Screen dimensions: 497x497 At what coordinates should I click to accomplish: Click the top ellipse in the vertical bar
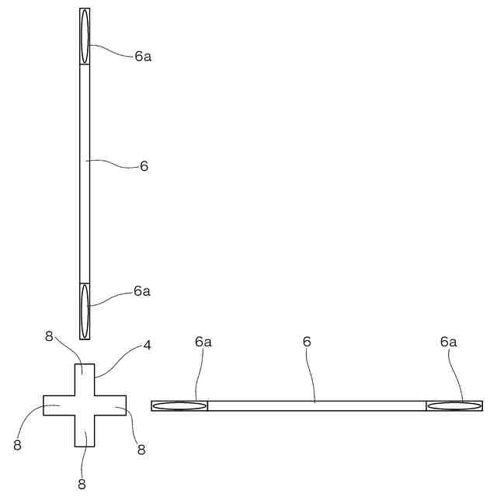[x=85, y=36]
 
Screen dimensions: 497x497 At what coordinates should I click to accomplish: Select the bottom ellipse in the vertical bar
[x=85, y=311]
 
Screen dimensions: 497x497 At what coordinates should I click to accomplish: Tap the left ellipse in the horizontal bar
[x=179, y=405]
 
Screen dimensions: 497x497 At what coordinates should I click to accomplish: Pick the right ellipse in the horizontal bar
[x=454, y=405]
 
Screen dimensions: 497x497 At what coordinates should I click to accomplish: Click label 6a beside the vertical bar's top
[x=142, y=56]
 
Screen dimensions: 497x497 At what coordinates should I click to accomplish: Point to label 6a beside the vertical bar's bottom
[x=141, y=291]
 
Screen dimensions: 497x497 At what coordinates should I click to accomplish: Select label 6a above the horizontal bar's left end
[x=203, y=342]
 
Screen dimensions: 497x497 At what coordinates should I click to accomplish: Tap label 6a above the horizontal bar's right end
[x=449, y=342]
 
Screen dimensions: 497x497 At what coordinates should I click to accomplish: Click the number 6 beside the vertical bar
[x=144, y=166]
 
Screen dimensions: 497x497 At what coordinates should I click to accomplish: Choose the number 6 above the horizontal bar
[x=307, y=342]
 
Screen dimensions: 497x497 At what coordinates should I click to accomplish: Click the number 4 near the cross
[x=147, y=346]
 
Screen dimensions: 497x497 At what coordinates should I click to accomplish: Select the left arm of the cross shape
[x=58, y=405]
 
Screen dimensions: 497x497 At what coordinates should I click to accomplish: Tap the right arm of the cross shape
[x=111, y=405]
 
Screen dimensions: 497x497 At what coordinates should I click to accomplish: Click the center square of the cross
[x=85, y=405]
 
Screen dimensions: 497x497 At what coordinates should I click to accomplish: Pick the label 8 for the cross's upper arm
[x=49, y=336]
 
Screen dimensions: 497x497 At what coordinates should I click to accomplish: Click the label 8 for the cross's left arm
[x=17, y=445]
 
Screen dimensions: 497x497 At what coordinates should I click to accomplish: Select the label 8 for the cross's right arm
[x=141, y=449]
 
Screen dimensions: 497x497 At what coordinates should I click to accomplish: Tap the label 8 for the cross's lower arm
[x=82, y=485]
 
